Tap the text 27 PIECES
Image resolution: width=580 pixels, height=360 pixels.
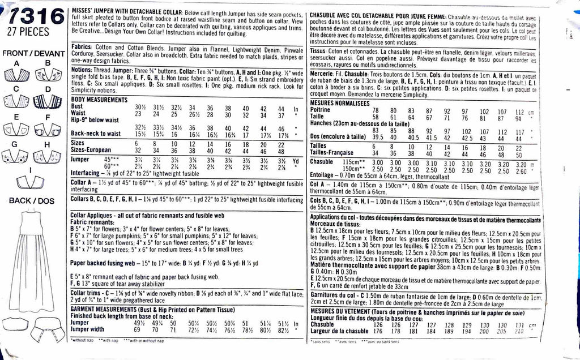[x=33, y=32]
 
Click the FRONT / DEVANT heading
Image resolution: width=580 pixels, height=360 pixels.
[x=33, y=53]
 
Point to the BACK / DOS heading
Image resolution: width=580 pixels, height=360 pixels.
[x=31, y=200]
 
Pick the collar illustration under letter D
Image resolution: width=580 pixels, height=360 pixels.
[x=49, y=102]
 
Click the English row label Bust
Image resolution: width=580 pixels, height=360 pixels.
[x=79, y=107]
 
